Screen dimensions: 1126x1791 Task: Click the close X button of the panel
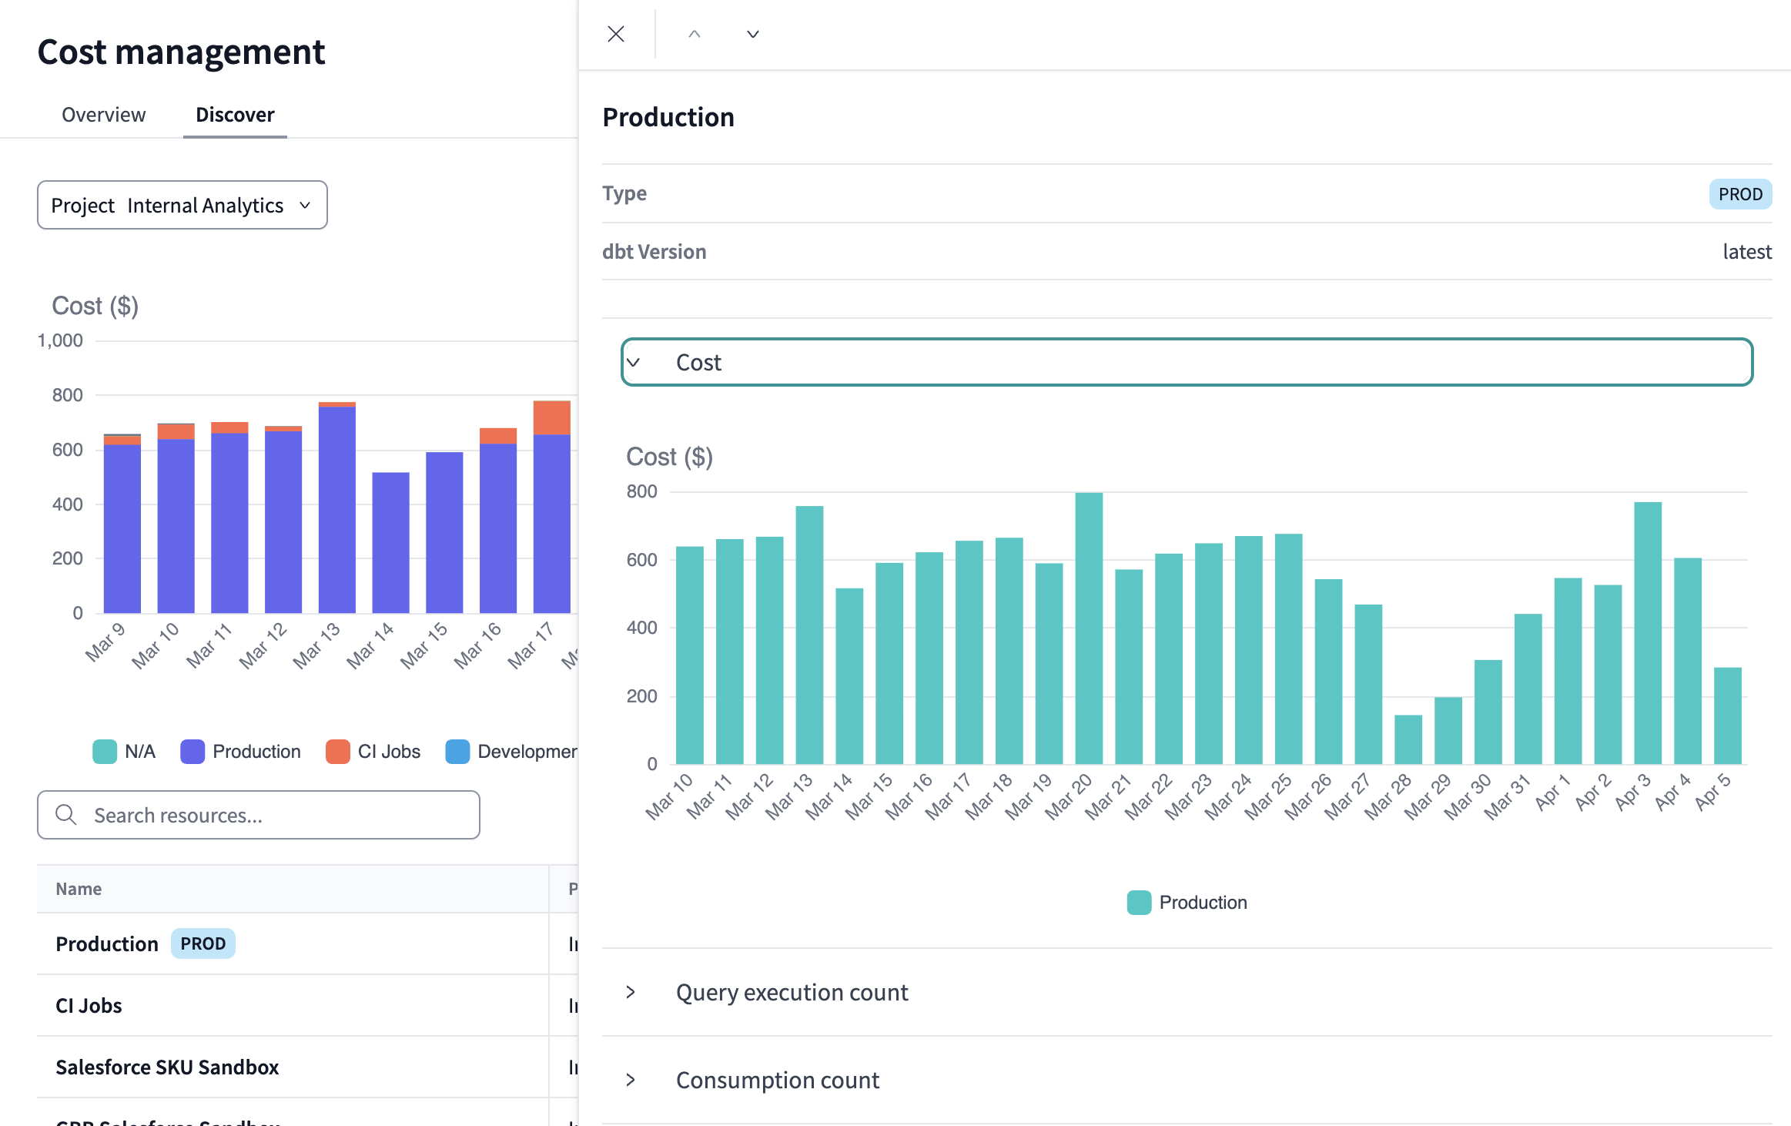[x=616, y=34]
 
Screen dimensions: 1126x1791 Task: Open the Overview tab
[x=103, y=115]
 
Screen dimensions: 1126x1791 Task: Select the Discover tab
[x=235, y=115]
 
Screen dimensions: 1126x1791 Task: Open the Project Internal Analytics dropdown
[x=182, y=205]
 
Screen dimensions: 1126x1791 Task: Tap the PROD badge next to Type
[x=1740, y=194]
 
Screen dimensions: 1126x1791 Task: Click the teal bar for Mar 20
[x=1089, y=628]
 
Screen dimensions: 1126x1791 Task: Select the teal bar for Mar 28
[x=1408, y=739]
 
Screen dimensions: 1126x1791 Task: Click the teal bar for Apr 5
[x=1728, y=715]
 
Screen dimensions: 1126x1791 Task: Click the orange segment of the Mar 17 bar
[x=552, y=417]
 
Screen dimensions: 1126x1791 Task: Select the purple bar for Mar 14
[x=390, y=543]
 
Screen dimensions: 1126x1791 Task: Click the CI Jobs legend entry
[x=373, y=752]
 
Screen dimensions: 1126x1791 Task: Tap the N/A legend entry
[x=125, y=752]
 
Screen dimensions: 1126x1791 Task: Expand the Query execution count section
[x=792, y=992]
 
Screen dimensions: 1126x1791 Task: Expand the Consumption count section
[x=777, y=1080]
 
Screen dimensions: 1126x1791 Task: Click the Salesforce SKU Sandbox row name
[x=167, y=1067]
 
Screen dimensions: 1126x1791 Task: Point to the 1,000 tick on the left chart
[x=60, y=340]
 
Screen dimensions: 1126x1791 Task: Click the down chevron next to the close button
[x=753, y=34]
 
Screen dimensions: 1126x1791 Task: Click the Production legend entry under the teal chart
[x=1187, y=903]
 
